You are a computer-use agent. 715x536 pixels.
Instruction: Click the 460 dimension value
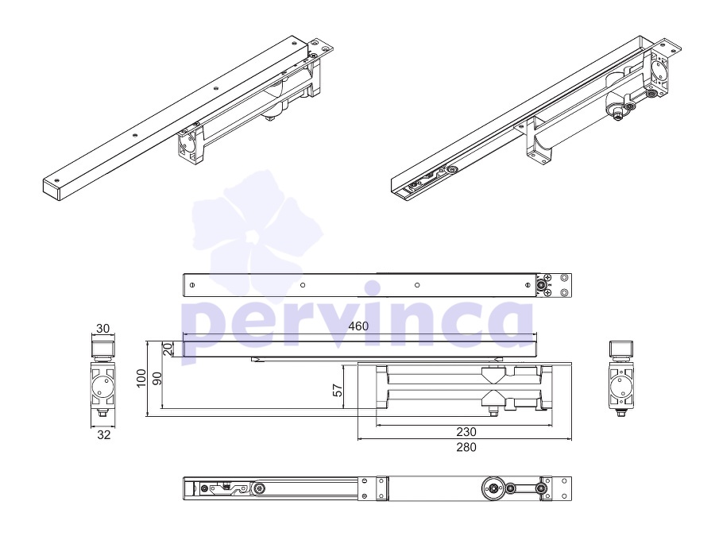[x=358, y=326]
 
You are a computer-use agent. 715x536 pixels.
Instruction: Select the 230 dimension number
[x=466, y=432]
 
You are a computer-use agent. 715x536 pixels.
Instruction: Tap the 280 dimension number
[x=466, y=447]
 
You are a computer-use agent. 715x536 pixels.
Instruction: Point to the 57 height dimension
[x=338, y=390]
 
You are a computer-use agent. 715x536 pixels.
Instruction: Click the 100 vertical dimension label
[x=141, y=378]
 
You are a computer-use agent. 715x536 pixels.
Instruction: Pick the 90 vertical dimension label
[x=157, y=378]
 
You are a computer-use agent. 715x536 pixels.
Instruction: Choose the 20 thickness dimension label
[x=168, y=349]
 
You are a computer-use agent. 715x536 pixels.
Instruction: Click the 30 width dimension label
[x=103, y=329]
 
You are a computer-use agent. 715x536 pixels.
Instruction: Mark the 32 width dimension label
[x=103, y=435]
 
